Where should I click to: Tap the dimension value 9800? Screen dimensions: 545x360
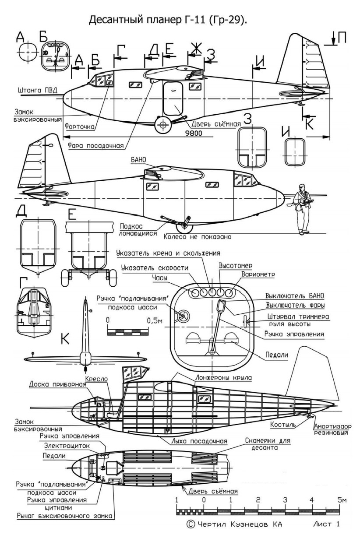coord(192,134)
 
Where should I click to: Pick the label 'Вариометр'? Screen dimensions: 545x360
coord(258,274)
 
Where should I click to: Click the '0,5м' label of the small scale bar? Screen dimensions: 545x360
coord(154,321)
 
